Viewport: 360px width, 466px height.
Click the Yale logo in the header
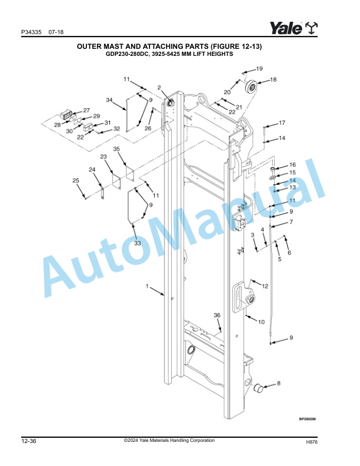[x=294, y=28]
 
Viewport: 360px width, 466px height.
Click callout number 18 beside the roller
[x=273, y=79]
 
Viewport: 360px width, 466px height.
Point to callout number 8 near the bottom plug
[x=279, y=383]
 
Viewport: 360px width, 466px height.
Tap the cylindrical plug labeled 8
[x=258, y=388]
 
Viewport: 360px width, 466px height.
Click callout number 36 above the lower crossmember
[x=217, y=315]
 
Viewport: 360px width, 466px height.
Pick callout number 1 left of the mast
[x=147, y=286]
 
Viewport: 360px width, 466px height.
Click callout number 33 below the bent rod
[x=137, y=243]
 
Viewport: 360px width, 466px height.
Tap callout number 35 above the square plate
[x=116, y=149]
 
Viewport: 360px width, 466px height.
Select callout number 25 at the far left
[x=76, y=181]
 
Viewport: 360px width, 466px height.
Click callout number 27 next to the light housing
[x=86, y=110]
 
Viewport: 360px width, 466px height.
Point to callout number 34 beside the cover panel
[x=109, y=100]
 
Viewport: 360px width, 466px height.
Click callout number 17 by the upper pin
[x=282, y=122]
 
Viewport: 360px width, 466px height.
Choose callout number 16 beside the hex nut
[x=292, y=165]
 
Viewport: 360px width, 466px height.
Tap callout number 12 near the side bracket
[x=265, y=286]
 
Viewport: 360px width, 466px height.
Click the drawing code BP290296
[x=308, y=419]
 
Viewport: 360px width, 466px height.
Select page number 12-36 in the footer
[x=28, y=441]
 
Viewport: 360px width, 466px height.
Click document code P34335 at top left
[x=31, y=32]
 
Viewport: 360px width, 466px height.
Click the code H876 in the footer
[x=312, y=442]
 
